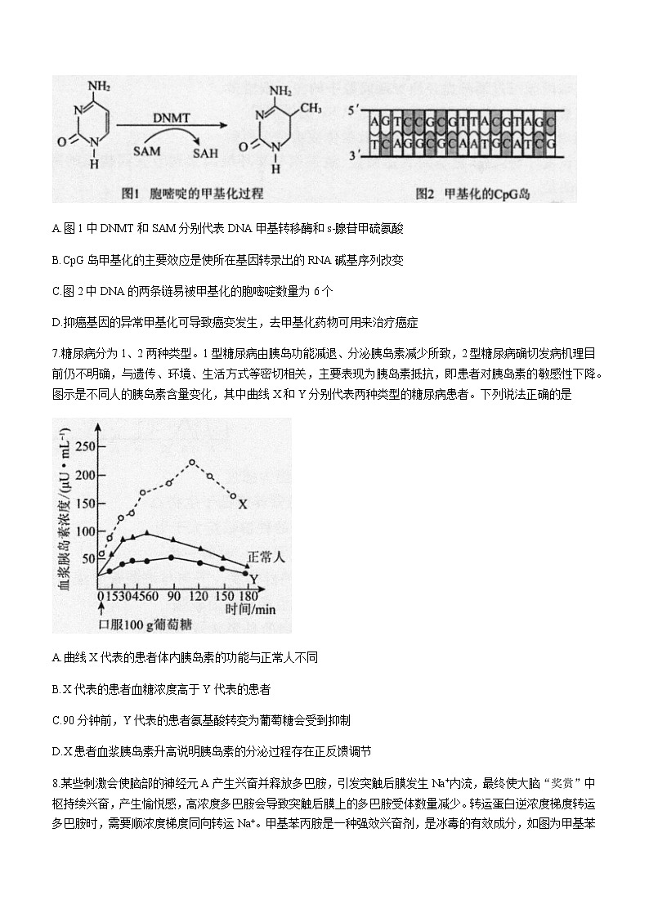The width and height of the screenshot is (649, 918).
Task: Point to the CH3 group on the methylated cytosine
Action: tap(313, 107)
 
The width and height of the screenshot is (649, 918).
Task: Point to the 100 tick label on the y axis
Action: tap(85, 531)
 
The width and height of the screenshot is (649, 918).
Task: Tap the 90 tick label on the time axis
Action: tap(172, 596)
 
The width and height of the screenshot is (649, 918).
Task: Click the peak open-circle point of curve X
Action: tap(192, 462)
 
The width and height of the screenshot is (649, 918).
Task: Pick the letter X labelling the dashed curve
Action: tap(242, 504)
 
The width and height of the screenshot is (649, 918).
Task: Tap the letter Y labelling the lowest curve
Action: tap(254, 578)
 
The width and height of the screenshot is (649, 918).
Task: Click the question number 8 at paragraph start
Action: tap(54, 782)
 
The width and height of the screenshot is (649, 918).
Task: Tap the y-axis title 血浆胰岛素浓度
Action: tap(62, 523)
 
